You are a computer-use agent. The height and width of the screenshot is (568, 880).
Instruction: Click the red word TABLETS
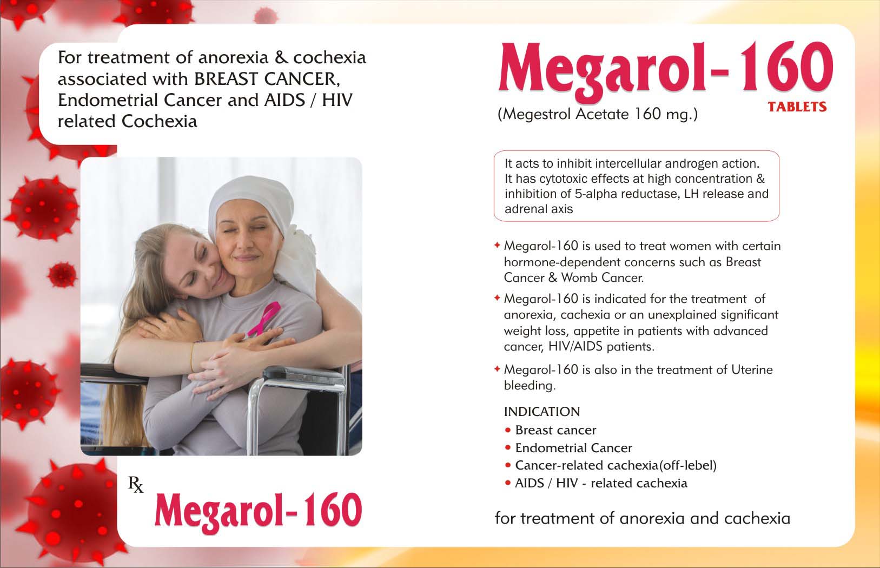(797, 107)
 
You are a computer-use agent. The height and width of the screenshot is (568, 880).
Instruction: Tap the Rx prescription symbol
(136, 484)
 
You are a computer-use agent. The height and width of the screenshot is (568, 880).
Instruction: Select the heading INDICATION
(542, 412)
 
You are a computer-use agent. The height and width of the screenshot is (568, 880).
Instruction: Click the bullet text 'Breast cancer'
(555, 430)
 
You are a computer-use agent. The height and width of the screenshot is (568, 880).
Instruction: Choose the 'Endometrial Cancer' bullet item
(573, 448)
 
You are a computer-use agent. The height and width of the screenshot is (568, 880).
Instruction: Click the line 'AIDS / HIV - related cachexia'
(601, 483)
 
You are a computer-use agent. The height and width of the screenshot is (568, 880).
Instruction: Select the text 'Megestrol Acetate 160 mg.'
(598, 114)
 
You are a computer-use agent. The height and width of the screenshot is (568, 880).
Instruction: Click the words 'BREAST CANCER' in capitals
(266, 79)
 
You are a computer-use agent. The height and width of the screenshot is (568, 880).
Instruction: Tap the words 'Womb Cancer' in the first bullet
(602, 278)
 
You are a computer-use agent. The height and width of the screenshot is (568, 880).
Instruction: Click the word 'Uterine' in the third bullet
(752, 369)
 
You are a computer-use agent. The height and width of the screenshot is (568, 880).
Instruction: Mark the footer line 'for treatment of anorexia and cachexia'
(643, 519)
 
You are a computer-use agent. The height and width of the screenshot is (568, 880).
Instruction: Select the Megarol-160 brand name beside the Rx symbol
(258, 510)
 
